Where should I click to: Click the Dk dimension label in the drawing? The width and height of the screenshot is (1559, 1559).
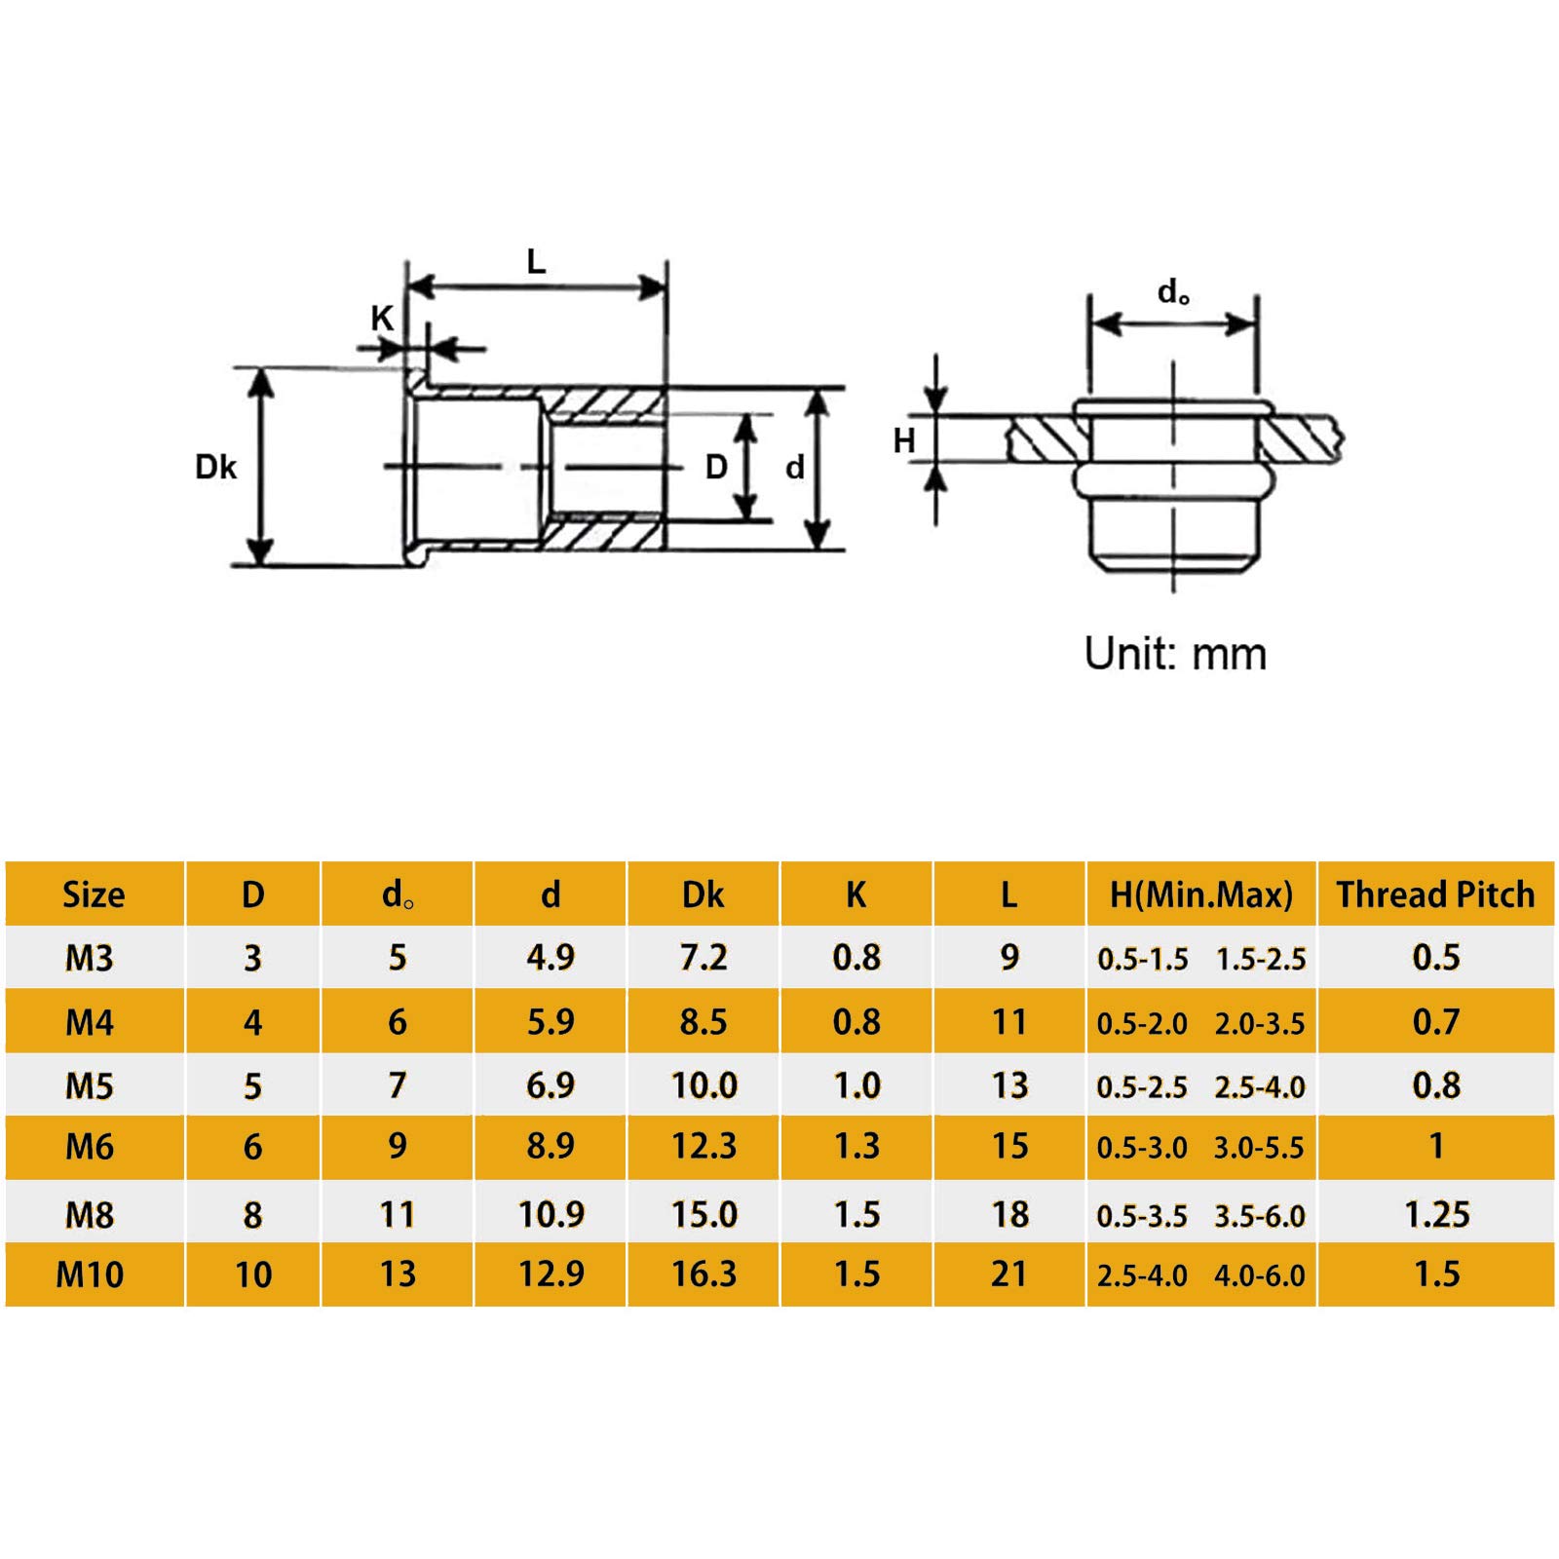(215, 467)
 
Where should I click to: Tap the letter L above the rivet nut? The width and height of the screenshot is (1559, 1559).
(536, 261)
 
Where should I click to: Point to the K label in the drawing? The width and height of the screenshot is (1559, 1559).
(381, 318)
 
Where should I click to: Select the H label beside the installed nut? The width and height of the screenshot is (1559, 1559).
(904, 440)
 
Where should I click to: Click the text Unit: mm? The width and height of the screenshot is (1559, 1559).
(1175, 654)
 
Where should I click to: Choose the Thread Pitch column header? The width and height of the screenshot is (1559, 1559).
(1435, 894)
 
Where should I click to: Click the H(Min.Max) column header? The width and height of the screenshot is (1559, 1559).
(1201, 894)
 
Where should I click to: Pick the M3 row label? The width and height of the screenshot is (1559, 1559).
(90, 958)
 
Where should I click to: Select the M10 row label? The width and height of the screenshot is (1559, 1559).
(90, 1274)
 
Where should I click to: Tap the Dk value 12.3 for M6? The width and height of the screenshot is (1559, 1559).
(703, 1146)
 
